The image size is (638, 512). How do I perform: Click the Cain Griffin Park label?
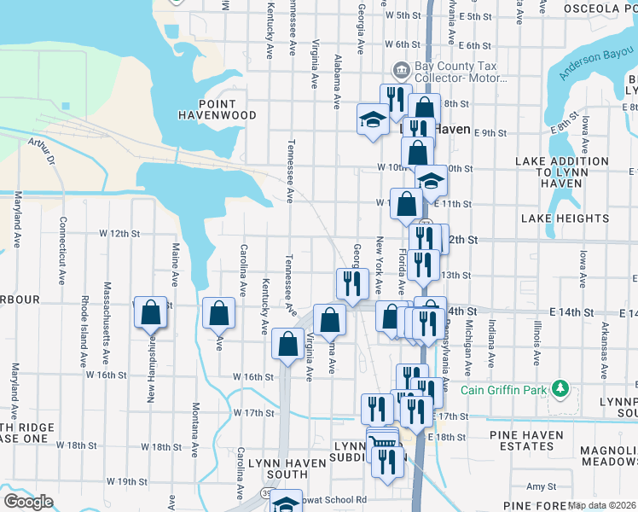pyautogui.click(x=502, y=390)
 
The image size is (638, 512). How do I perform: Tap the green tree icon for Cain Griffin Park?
pyautogui.click(x=560, y=389)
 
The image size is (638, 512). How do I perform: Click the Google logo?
pyautogui.click(x=28, y=502)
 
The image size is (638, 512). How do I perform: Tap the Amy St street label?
pyautogui.click(x=541, y=486)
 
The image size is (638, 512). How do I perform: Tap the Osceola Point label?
pyautogui.click(x=599, y=9)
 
